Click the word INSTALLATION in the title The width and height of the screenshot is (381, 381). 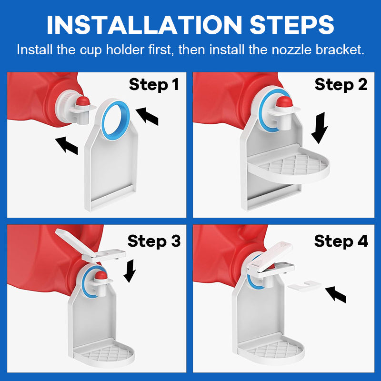point(145,25)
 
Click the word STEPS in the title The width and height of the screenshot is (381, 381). point(292,25)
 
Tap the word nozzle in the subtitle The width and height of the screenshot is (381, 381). point(291,50)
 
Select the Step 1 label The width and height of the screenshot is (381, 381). point(154,85)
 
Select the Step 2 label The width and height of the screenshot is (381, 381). point(341,85)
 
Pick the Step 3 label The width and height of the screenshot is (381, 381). point(154,241)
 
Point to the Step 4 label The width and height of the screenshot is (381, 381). point(341,241)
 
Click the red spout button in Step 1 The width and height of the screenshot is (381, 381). point(83,100)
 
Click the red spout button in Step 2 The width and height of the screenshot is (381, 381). point(284,101)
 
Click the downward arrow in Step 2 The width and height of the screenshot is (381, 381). point(320,128)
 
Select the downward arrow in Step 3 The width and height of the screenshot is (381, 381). point(130,271)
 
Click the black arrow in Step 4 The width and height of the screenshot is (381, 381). point(336,294)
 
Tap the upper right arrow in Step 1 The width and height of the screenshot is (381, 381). point(147,116)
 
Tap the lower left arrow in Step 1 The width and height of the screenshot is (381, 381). point(66,145)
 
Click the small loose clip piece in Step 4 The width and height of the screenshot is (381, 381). point(304,286)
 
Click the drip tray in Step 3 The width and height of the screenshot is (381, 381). point(104,353)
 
